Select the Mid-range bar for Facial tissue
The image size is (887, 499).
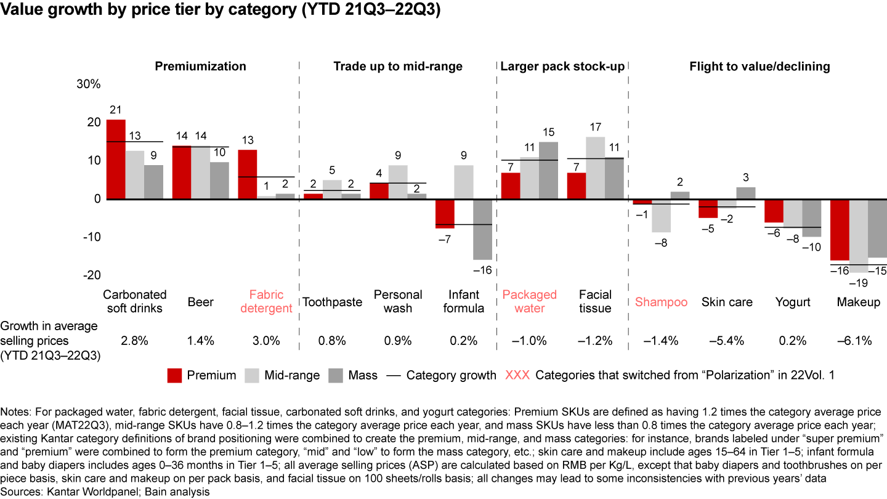[595, 168]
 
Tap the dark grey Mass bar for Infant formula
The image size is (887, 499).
[482, 229]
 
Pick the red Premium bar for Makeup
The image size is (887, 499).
[840, 230]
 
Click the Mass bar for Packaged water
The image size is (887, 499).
[549, 171]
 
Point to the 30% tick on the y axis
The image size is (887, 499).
[88, 84]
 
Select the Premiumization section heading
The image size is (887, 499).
[200, 67]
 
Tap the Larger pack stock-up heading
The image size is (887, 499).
[562, 67]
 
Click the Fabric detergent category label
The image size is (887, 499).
[266, 302]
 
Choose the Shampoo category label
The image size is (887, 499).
[661, 302]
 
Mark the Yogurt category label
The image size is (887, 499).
[793, 302]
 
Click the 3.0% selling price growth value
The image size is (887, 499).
[266, 341]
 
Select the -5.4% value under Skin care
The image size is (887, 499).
[727, 341]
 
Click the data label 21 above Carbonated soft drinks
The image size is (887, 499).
[115, 110]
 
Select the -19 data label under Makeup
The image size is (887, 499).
[858, 283]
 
